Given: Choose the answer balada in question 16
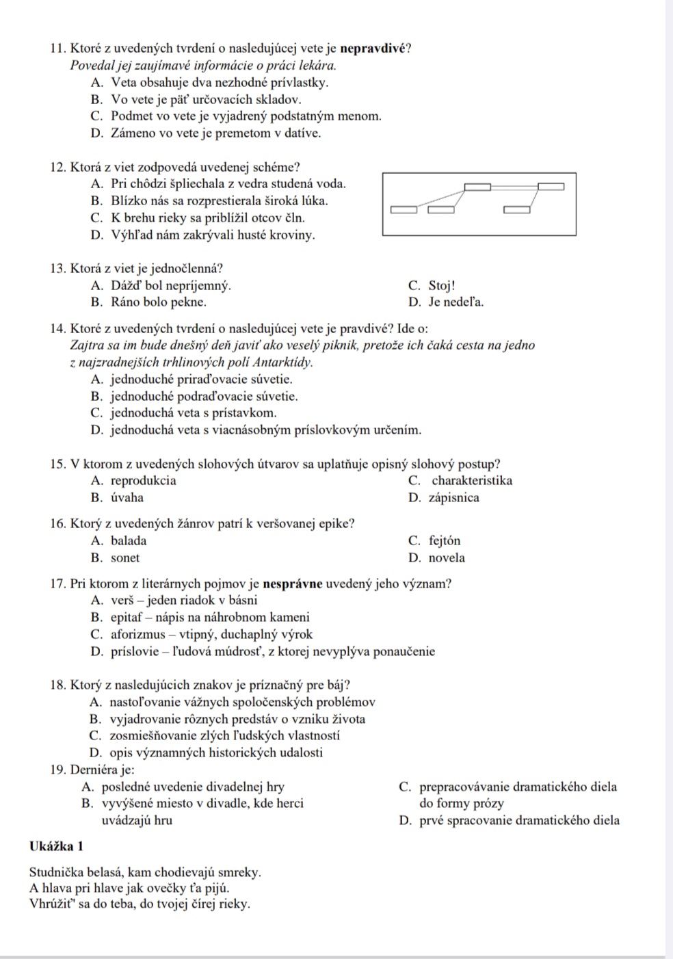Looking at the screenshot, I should pos(129,541).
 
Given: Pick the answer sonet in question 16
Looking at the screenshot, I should pos(125,558).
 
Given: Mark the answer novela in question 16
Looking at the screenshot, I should pos(447,558).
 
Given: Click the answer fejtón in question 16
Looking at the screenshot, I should pos(445,541).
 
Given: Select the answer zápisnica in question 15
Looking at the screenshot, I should pos(454,498).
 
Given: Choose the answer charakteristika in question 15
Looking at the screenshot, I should pos(472,481).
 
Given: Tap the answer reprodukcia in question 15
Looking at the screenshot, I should pos(144,481).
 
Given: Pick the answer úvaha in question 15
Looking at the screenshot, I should pos(127,498).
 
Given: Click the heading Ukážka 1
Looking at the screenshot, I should pos(57,847).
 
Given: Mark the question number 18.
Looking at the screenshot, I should pos(57,685).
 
